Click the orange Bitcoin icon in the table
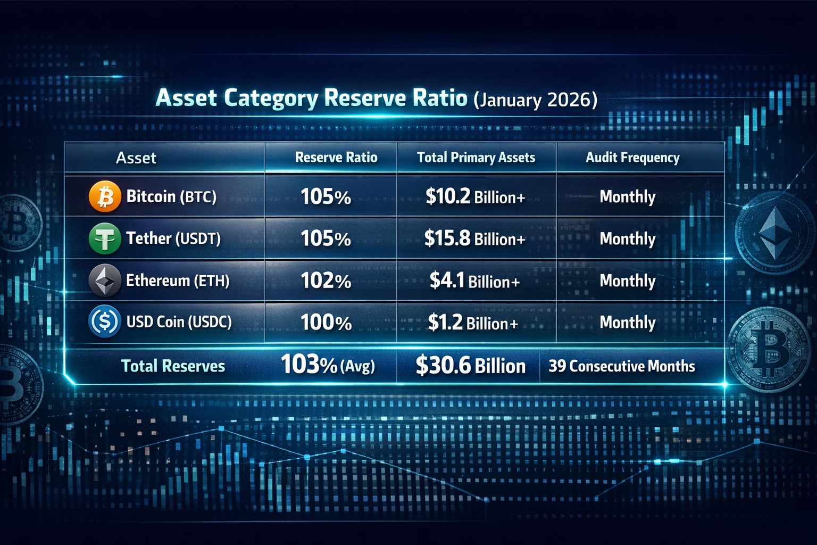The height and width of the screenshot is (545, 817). (105, 197)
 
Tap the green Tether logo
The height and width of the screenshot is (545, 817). (105, 238)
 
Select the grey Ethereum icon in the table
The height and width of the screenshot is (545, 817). (105, 280)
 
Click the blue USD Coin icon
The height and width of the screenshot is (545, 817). (105, 321)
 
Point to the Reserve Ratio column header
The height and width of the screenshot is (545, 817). (336, 158)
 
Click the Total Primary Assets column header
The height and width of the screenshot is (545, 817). (476, 158)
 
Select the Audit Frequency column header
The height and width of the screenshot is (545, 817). (632, 158)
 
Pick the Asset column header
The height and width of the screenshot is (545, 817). (136, 158)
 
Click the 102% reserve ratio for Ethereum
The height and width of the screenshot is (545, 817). (326, 281)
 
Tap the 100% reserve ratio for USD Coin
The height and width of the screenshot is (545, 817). (326, 323)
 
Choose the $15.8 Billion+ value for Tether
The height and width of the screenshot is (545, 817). (474, 239)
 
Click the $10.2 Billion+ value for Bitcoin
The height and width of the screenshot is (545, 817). (475, 197)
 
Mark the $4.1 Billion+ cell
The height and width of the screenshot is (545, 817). (474, 281)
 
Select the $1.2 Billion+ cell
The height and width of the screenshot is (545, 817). (473, 323)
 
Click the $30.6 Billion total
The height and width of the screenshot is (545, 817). (471, 366)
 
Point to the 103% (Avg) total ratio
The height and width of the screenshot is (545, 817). (328, 366)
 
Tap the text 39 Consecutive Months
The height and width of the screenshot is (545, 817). (622, 366)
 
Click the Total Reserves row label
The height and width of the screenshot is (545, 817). (173, 366)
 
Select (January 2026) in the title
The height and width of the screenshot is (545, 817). (535, 100)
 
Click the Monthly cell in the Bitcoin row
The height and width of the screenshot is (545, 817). (628, 197)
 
